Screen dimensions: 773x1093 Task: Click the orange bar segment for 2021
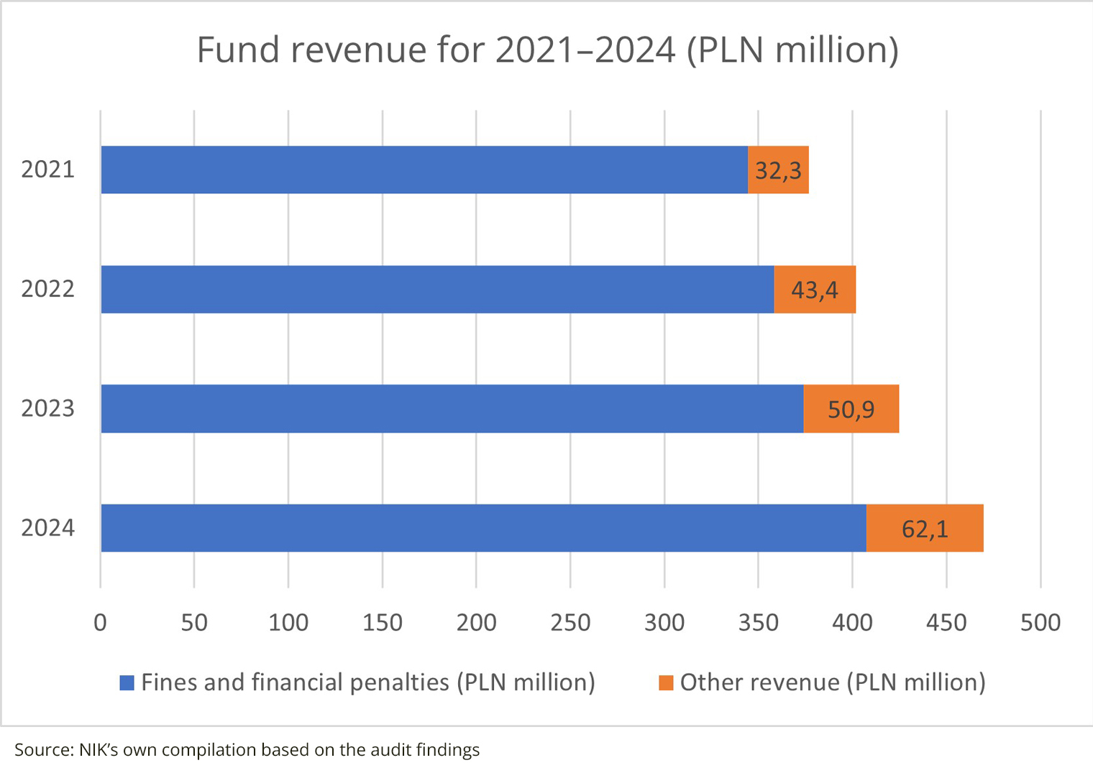[778, 170]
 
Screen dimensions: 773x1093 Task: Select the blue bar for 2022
[437, 290]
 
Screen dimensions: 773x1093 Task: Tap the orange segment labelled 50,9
[851, 409]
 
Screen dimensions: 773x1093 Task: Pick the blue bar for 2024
[483, 528]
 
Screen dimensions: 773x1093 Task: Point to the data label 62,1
[925, 529]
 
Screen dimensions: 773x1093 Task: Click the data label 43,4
[814, 290]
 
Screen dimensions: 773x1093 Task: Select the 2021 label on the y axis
[47, 170]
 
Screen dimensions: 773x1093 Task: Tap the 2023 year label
[47, 409]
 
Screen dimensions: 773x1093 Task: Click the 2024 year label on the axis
[47, 528]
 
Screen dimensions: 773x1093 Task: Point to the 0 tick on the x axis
[100, 622]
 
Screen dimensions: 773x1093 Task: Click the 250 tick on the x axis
[570, 622]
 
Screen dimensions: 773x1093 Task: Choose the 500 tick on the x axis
[1040, 622]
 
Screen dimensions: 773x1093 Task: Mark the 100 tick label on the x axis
[288, 622]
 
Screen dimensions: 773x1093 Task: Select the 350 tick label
[758, 622]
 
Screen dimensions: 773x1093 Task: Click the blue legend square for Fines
[127, 683]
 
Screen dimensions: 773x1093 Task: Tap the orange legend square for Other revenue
[666, 683]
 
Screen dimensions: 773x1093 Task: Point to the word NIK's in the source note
[99, 750]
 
